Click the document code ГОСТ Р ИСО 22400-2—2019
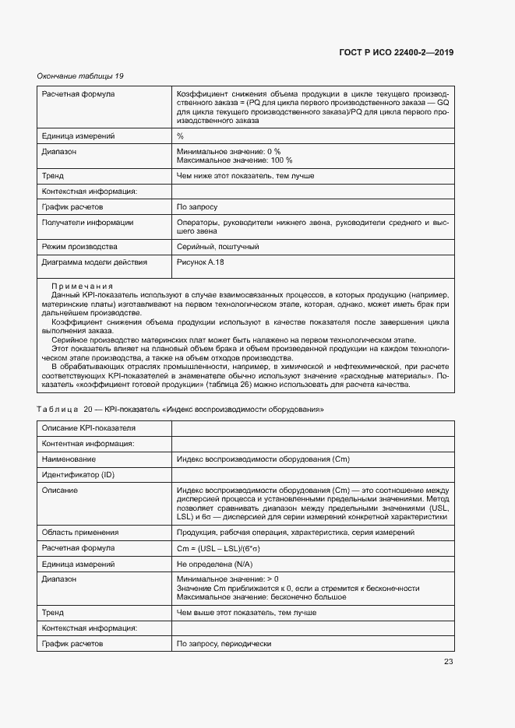pyautogui.click(x=397, y=53)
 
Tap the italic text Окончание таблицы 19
pyautogui.click(x=81, y=76)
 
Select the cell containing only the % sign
pyautogui.click(x=180, y=135)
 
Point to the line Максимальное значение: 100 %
pyautogui.click(x=235, y=160)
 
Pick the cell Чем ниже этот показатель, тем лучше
pyautogui.click(x=245, y=176)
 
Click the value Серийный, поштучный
pyautogui.click(x=217, y=247)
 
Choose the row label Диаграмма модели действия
pyautogui.click(x=93, y=262)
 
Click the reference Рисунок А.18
pyautogui.click(x=200, y=262)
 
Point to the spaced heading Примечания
pyautogui.click(x=83, y=287)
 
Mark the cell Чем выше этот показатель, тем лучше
pyautogui.click(x=246, y=613)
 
